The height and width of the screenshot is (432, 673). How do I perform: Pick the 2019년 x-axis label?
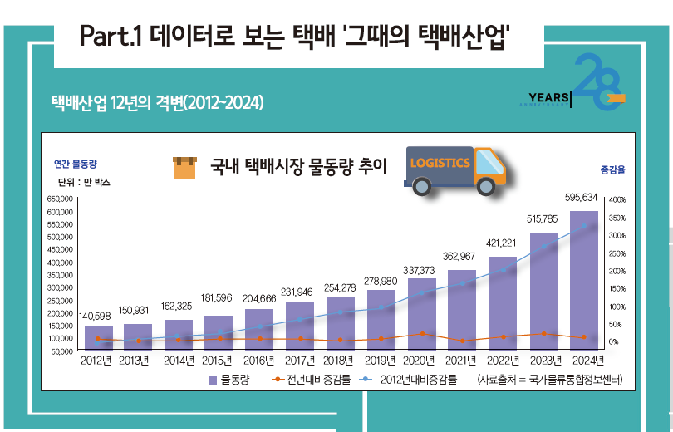(381, 361)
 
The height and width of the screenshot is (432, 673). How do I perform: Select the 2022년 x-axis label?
(503, 361)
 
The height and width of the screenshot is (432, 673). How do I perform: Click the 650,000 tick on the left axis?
(62, 199)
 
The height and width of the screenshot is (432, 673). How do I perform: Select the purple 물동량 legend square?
(213, 380)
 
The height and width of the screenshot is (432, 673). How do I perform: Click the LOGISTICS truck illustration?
(455, 170)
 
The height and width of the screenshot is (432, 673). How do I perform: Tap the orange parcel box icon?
(184, 168)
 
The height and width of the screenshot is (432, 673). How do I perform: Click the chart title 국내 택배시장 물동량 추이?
(298, 167)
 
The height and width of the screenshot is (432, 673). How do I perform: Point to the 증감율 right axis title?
(612, 169)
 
